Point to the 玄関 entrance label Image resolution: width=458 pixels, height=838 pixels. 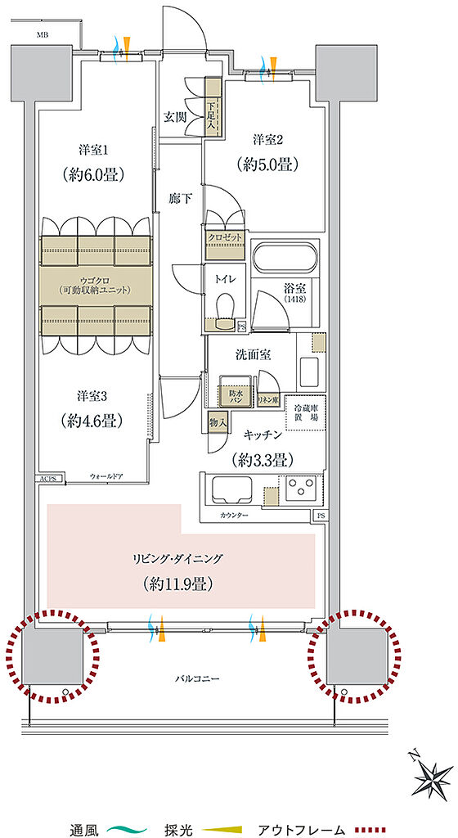click(x=175, y=117)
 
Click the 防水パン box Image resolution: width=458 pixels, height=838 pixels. click(x=236, y=394)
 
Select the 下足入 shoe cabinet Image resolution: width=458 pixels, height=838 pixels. click(x=212, y=106)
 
